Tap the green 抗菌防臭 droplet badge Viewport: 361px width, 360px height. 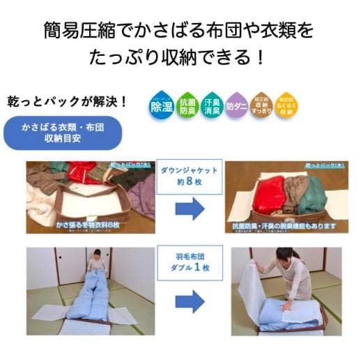tap(187, 106)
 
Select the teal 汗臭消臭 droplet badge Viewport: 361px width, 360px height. tap(212, 106)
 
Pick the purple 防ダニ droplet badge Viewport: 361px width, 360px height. tap(237, 106)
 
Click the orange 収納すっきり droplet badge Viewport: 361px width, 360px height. tap(261, 106)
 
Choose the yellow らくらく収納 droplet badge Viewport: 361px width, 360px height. tap(286, 106)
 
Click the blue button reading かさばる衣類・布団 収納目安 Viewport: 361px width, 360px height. tap(62, 133)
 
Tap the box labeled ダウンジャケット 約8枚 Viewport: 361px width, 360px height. tap(190, 175)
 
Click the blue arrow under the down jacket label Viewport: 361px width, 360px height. tap(190, 209)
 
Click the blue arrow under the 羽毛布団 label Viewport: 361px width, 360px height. tap(190, 299)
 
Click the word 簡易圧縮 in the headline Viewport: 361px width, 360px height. tap(73, 31)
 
